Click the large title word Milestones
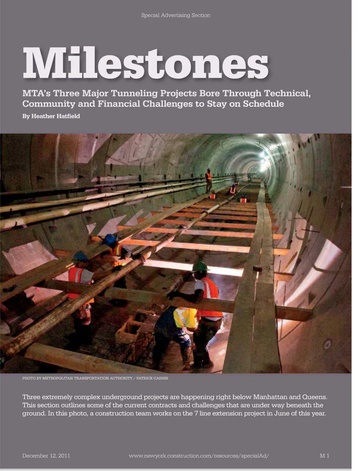pos(146,63)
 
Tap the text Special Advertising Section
pos(176,15)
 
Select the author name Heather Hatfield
pos(56,116)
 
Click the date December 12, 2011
pos(46,456)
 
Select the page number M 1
pos(324,456)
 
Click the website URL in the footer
pos(199,456)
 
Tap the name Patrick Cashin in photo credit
pos(152,378)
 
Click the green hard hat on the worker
pos(200,266)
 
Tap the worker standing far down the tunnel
pos(208,180)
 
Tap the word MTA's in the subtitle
pos(36,93)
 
